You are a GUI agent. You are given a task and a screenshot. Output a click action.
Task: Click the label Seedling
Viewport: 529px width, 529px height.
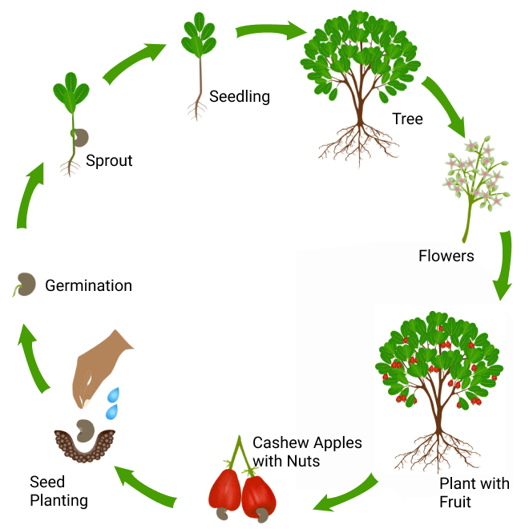[239, 97]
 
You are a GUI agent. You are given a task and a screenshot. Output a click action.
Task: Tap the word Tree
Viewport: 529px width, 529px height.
[407, 119]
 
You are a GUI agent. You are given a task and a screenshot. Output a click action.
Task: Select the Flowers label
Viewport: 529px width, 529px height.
[446, 256]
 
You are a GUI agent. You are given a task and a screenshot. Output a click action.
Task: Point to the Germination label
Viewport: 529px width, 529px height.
[88, 285]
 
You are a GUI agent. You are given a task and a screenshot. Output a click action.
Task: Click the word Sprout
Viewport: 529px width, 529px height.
[109, 161]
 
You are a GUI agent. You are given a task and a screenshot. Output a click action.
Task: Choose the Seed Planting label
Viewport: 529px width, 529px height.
[59, 491]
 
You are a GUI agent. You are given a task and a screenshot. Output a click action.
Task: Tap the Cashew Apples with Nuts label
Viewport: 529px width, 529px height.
[307, 452]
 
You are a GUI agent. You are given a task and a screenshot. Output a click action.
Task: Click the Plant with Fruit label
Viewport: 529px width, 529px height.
[474, 493]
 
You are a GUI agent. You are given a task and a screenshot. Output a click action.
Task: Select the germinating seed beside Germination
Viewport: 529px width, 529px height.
[26, 285]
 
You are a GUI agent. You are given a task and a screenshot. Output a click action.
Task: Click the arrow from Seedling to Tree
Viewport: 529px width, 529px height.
[271, 31]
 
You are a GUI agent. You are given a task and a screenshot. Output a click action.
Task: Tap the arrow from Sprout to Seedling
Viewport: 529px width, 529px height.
[134, 63]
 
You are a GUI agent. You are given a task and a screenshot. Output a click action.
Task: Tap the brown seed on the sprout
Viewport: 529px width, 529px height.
[80, 136]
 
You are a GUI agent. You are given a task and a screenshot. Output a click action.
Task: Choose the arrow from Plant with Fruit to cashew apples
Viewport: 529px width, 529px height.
[345, 493]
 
